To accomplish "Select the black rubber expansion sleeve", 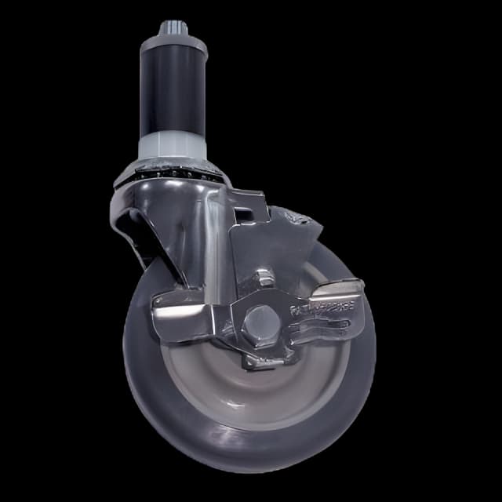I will pyautogui.click(x=173, y=94).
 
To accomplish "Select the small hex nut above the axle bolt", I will pyautogui.click(x=265, y=278).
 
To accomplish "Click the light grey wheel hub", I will pyautogui.click(x=235, y=384).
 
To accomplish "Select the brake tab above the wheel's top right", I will pyautogui.click(x=302, y=224).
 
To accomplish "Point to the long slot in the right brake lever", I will pyautogui.click(x=322, y=329).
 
